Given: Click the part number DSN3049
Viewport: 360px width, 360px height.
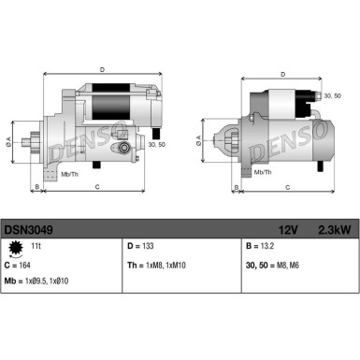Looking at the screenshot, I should (28, 227).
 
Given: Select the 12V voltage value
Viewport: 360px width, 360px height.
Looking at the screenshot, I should (287, 227).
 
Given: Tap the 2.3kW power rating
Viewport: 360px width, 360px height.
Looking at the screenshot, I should (332, 227).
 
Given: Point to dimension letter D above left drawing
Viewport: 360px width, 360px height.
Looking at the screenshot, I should (101, 67).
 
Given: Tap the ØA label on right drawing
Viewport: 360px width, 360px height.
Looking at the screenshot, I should (199, 141).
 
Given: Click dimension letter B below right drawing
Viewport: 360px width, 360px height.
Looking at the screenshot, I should (218, 190).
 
